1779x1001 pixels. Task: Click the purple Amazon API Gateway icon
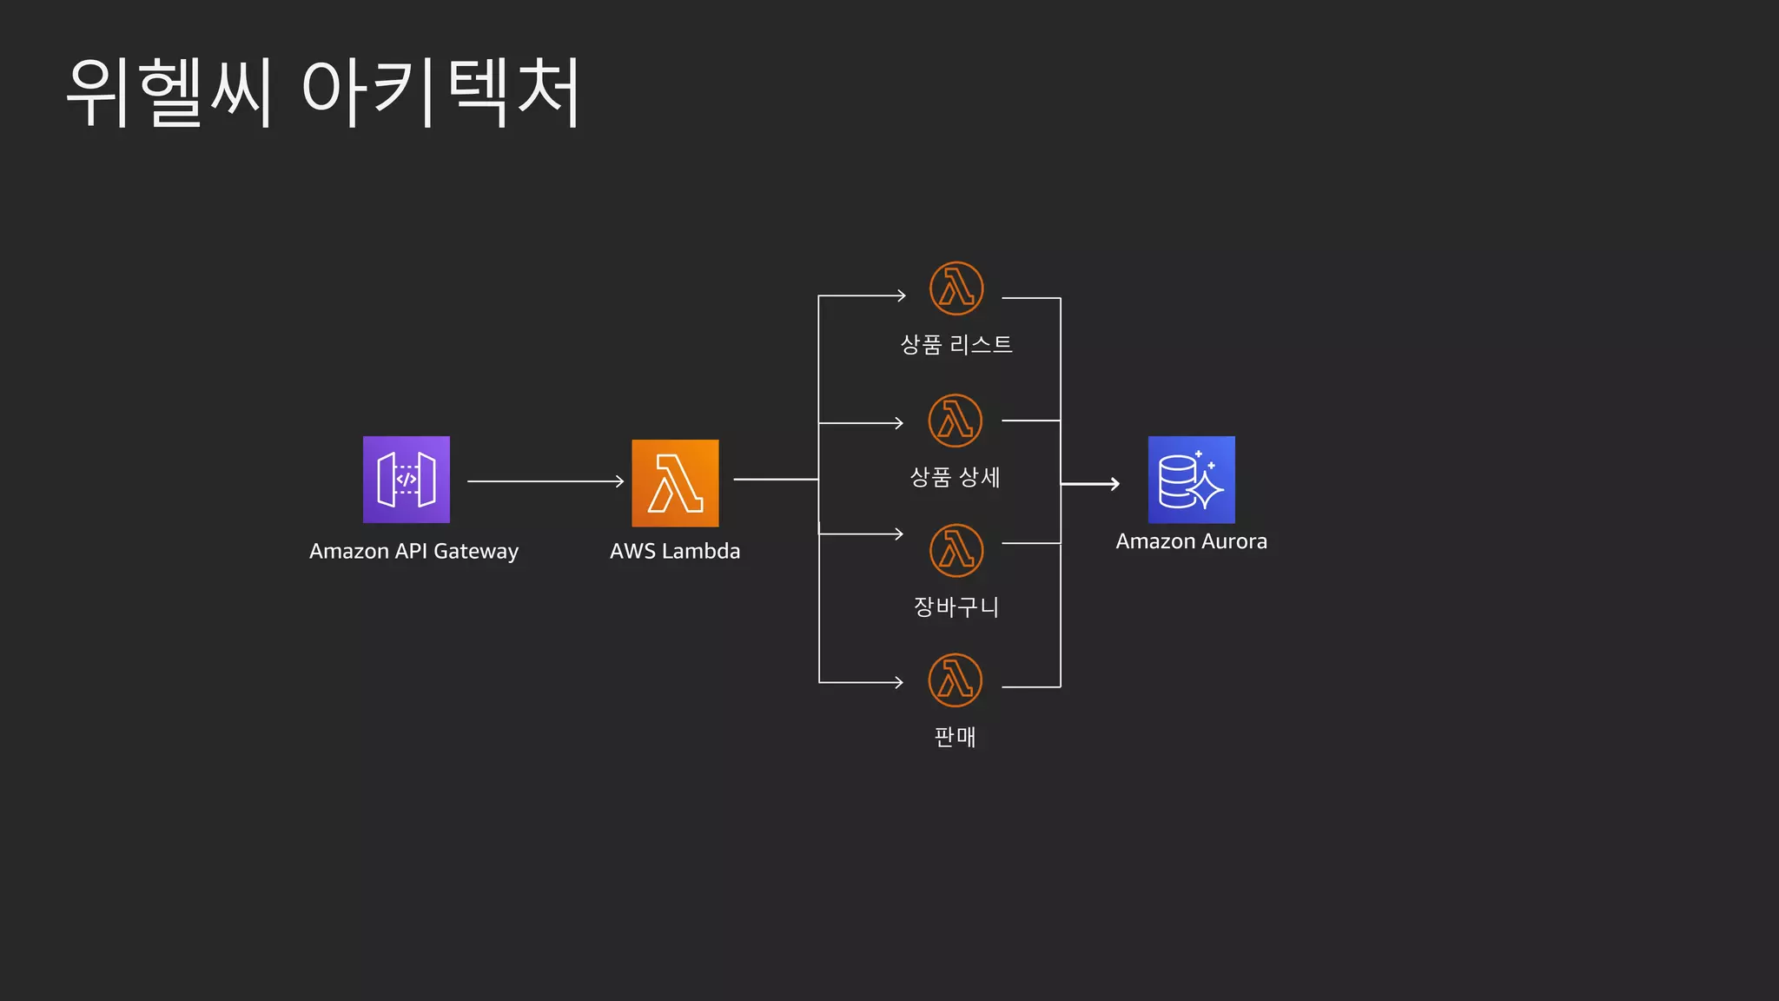point(407,480)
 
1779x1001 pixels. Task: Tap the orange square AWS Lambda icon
point(675,483)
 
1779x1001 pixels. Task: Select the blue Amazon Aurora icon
point(1191,480)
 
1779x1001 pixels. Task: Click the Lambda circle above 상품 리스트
point(956,288)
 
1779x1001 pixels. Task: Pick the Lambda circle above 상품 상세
point(956,421)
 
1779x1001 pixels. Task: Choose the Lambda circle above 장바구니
point(956,551)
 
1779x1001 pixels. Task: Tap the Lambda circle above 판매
point(956,680)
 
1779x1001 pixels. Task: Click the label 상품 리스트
point(956,345)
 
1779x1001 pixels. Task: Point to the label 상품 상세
point(956,477)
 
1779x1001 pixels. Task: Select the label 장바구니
point(956,607)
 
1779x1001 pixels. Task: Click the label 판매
point(956,737)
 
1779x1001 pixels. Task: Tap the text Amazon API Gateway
point(413,552)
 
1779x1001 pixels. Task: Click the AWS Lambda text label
point(675,552)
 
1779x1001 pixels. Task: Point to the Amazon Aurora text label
point(1191,541)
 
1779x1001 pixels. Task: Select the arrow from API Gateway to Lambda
point(546,481)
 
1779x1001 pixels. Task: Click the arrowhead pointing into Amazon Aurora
point(1114,484)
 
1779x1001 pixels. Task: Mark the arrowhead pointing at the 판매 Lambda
point(898,683)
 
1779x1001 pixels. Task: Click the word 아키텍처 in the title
point(440,92)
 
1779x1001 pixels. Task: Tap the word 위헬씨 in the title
point(169,92)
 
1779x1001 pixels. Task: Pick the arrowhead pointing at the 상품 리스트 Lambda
point(900,295)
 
